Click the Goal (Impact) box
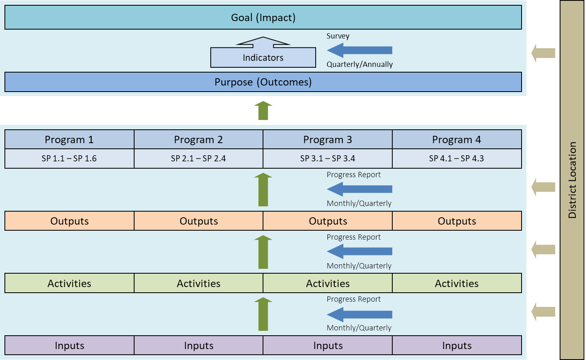[263, 17]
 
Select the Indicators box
[263, 57]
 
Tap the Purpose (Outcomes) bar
[263, 82]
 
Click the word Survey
[338, 36]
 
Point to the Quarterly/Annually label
[360, 64]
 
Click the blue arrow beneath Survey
[359, 50]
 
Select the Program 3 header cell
[327, 139]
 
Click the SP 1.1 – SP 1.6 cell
[69, 159]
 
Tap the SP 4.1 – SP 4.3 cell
[457, 159]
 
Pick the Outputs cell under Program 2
[199, 221]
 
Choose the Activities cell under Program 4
[457, 283]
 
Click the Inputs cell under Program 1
[69, 346]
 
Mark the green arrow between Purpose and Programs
[263, 111]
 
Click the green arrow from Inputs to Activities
[263, 314]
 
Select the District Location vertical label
[572, 180]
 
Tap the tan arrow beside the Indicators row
[543, 53]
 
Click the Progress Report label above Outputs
[354, 175]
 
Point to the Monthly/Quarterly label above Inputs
[359, 328]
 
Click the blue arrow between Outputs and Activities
[359, 251]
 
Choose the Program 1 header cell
[69, 139]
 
